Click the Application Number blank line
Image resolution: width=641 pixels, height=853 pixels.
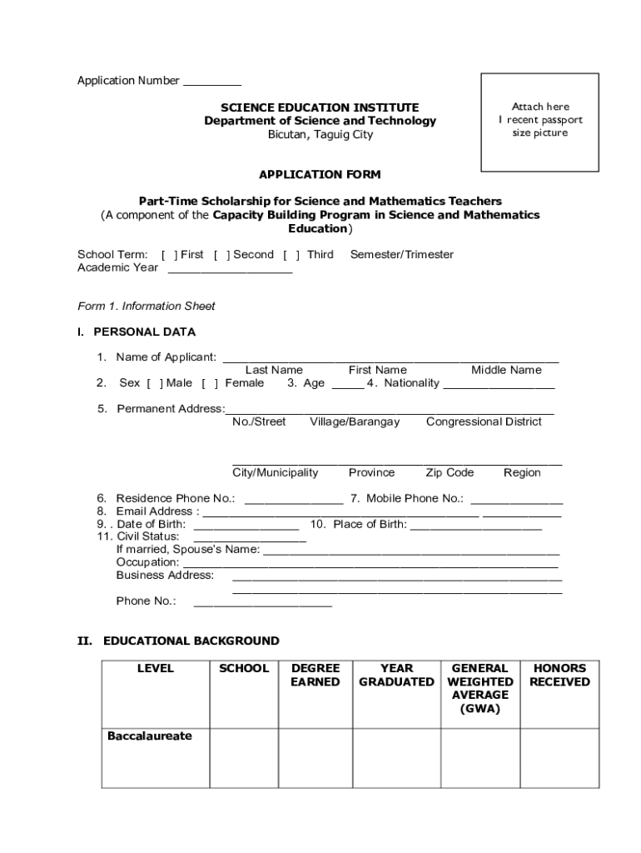211,84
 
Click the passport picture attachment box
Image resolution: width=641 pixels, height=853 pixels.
539,122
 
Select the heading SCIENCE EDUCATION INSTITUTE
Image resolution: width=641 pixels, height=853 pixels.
320,107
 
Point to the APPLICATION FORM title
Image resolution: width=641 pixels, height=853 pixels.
320,175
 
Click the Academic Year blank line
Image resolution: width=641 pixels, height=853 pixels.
230,271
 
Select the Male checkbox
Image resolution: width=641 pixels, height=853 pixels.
155,383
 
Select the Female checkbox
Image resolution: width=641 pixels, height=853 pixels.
210,383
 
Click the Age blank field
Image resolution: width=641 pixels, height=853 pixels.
347,386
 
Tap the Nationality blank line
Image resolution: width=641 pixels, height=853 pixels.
499,386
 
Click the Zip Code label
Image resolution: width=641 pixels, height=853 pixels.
450,472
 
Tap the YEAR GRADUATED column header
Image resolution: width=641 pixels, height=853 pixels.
396,675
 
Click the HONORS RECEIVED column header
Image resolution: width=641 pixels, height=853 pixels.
559,675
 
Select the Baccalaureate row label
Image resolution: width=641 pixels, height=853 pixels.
149,736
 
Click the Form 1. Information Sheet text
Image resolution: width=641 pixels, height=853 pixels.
147,306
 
